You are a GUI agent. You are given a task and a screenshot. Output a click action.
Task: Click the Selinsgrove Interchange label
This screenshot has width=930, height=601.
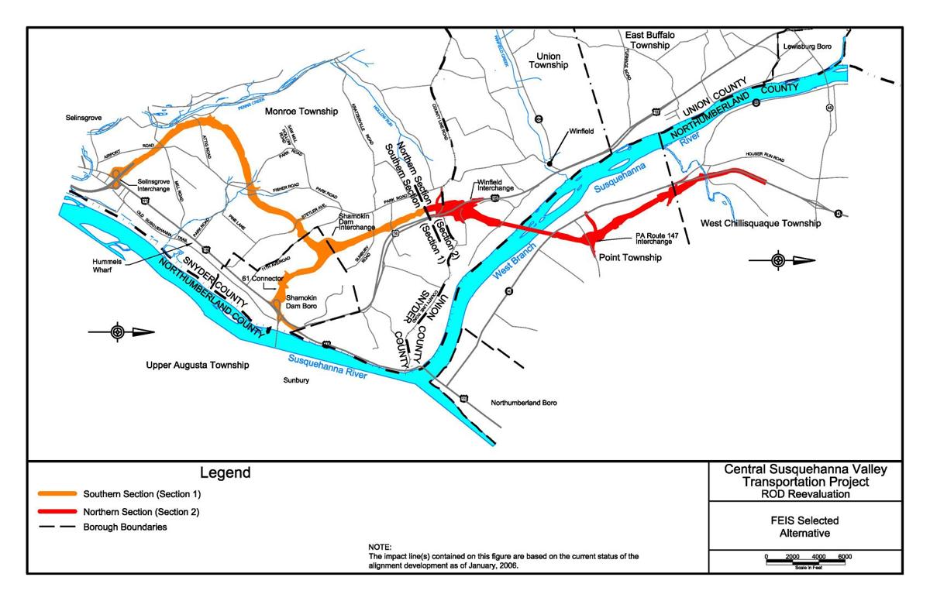click(154, 186)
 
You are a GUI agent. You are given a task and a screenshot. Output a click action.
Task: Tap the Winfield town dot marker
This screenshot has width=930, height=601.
click(549, 163)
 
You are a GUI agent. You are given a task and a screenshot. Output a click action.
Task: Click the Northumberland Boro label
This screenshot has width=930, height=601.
click(525, 403)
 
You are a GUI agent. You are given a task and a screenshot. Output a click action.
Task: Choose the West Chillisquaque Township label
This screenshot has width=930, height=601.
click(760, 223)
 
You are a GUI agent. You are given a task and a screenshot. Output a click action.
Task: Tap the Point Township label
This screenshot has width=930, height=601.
click(631, 257)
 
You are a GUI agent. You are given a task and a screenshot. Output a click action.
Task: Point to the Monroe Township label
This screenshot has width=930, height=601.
click(301, 112)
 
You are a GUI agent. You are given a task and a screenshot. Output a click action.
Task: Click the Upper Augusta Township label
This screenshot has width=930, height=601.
click(198, 364)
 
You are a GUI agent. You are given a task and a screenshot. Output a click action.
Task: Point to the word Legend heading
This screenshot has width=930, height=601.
click(225, 472)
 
